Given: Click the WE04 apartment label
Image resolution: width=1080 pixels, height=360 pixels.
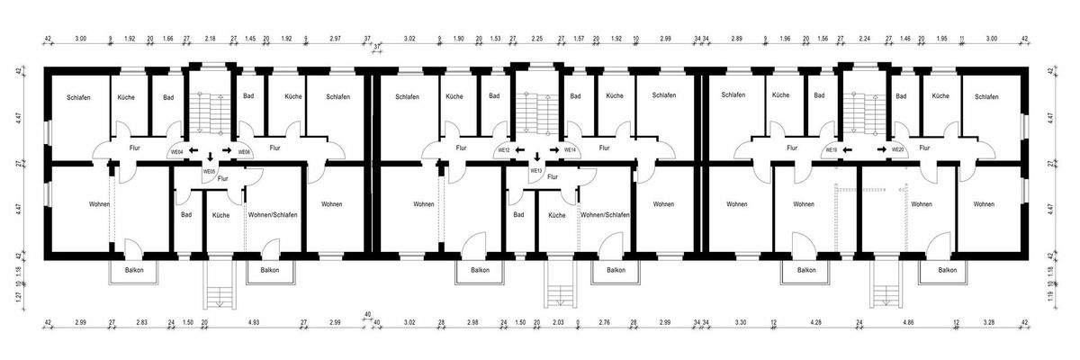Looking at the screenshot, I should click(x=176, y=153).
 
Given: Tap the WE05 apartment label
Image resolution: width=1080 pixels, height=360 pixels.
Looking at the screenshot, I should click(x=209, y=171).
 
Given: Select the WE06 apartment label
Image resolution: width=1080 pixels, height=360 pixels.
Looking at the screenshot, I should click(x=244, y=153).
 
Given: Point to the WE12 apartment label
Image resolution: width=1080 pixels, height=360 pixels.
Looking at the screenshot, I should click(x=504, y=150).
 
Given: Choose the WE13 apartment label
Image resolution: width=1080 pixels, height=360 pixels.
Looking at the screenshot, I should click(x=536, y=170).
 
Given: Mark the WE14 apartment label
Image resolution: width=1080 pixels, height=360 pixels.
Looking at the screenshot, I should click(x=570, y=150).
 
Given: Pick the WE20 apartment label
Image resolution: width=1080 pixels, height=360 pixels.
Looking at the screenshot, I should click(x=896, y=150).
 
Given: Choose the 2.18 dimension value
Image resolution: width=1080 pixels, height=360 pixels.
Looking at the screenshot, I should click(x=211, y=40).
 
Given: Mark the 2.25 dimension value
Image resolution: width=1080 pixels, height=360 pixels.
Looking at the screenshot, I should click(x=537, y=40).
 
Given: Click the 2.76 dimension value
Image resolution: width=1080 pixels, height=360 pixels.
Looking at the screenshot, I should click(x=604, y=321).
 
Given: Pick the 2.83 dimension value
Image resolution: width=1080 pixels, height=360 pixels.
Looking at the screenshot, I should click(x=141, y=321).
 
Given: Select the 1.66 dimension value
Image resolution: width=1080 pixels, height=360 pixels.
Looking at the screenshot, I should click(x=168, y=40).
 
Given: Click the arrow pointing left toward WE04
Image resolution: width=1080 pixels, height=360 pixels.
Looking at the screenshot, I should click(x=193, y=151).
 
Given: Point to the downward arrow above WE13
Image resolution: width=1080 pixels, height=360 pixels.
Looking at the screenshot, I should click(x=537, y=157).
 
